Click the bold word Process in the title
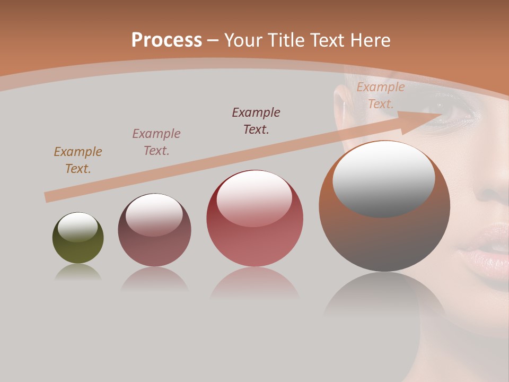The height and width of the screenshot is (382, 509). click(166, 40)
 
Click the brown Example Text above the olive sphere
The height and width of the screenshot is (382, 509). click(78, 160)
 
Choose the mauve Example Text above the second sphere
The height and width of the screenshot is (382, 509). click(156, 142)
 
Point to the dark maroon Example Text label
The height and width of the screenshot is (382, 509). click(256, 120)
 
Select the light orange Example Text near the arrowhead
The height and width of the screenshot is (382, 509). click(380, 95)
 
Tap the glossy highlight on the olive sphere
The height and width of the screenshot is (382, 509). click(78, 227)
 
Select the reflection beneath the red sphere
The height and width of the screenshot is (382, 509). click(254, 284)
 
